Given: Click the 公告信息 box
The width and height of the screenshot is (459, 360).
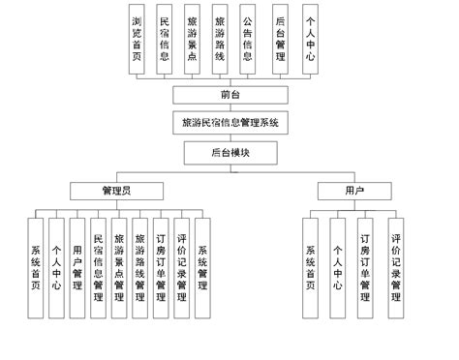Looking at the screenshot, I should click(249, 40).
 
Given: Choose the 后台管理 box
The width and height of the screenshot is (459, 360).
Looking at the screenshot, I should click(280, 40).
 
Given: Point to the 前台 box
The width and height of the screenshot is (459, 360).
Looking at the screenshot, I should click(229, 95).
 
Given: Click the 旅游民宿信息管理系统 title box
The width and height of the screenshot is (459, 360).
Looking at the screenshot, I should click(229, 124).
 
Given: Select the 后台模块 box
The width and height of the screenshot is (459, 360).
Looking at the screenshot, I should click(229, 153).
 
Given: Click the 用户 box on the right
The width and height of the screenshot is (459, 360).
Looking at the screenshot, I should click(354, 191).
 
